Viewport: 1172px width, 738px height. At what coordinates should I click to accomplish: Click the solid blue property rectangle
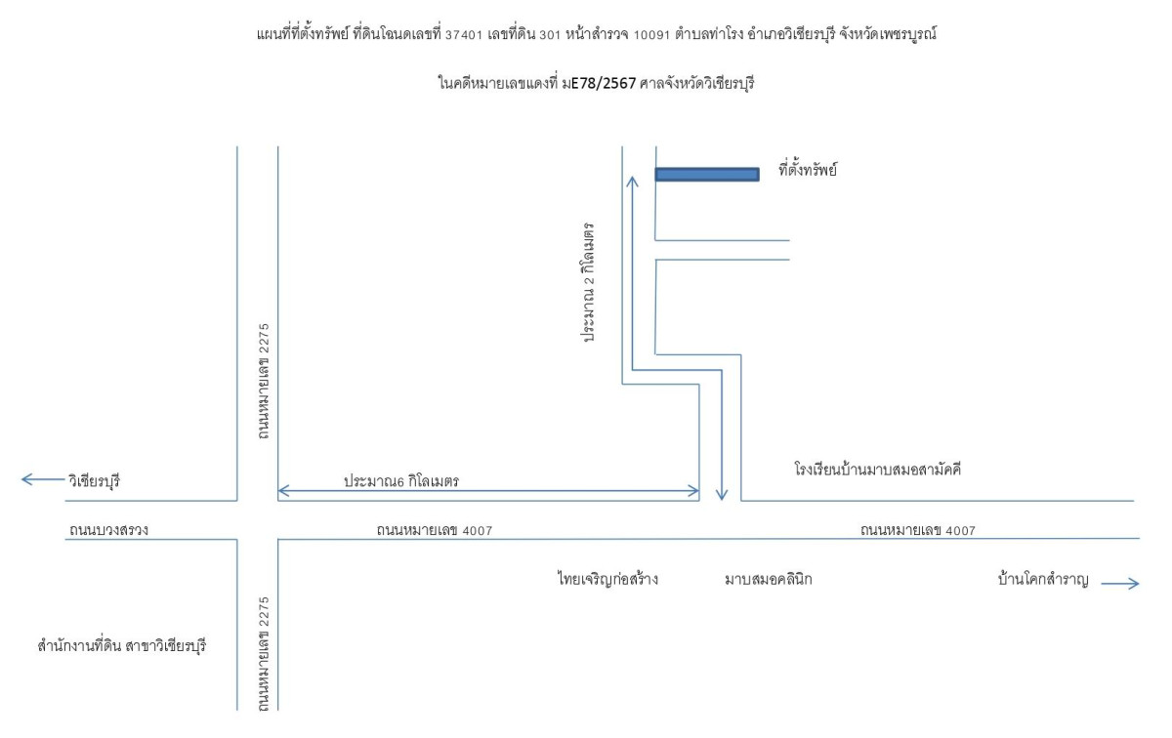click(x=707, y=174)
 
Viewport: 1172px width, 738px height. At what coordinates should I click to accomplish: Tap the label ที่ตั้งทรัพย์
click(x=808, y=170)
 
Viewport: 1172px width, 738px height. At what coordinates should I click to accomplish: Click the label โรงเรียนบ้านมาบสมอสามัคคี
click(x=877, y=470)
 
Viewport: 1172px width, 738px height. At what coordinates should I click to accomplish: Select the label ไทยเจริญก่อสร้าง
click(x=607, y=579)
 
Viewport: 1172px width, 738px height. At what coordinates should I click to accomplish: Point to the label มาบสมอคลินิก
click(x=768, y=579)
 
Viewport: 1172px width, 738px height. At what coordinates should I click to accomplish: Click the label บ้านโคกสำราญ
click(x=1043, y=579)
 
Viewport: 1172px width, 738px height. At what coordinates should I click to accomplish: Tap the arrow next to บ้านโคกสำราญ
click(x=1119, y=583)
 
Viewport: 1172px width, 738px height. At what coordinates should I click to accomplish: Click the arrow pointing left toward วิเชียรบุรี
click(x=42, y=479)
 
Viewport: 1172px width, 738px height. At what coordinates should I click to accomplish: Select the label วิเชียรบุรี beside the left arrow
click(x=94, y=480)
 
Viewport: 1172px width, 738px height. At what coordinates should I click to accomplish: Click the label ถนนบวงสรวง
click(x=108, y=530)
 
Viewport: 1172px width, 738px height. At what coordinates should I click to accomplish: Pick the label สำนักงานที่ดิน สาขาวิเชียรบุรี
click(x=122, y=645)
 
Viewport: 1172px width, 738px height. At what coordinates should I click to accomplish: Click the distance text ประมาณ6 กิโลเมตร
click(x=401, y=480)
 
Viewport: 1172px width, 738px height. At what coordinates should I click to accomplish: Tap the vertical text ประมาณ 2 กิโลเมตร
click(x=589, y=282)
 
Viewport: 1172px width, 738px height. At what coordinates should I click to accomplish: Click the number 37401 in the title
click(x=464, y=35)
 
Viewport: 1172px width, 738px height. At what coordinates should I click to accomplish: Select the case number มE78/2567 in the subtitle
click(x=599, y=83)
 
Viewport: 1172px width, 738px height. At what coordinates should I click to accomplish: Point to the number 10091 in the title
click(x=651, y=35)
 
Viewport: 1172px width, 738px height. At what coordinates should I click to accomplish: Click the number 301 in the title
click(x=550, y=35)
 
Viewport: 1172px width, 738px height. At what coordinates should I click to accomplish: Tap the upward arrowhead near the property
click(x=633, y=181)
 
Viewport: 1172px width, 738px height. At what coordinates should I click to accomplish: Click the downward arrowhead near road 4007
click(x=722, y=495)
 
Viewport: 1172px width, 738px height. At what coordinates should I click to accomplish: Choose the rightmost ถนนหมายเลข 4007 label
click(x=918, y=530)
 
